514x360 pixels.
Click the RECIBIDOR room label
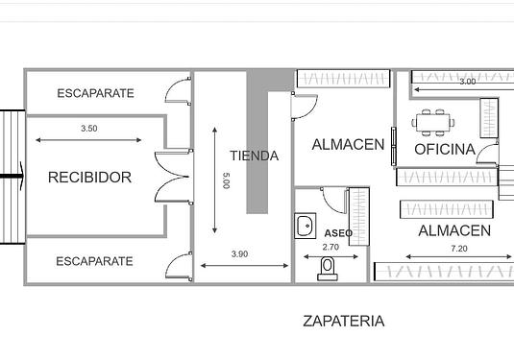coord(89,178)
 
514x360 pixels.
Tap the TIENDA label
coord(254,156)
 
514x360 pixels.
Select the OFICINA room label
coord(445,150)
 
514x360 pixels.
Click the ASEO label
coord(338,233)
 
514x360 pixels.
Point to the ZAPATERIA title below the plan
coord(344,321)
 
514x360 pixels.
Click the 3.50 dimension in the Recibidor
coord(89,129)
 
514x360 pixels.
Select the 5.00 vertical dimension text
coord(226,180)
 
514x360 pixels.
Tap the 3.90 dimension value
coord(239,253)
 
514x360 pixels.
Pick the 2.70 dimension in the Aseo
coord(330,247)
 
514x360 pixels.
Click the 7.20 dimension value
coord(459,249)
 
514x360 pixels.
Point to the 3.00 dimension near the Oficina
coord(468,82)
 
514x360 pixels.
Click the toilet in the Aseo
coord(328,269)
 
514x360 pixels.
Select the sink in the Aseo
coord(306,226)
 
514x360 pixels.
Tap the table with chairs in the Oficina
coord(433,123)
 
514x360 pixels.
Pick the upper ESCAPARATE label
coord(95,93)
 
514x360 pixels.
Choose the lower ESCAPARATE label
coord(94,261)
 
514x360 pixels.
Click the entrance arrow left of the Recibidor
coord(12,177)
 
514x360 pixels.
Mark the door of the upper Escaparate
coord(178,91)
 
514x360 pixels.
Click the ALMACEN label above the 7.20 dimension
coord(454,231)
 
